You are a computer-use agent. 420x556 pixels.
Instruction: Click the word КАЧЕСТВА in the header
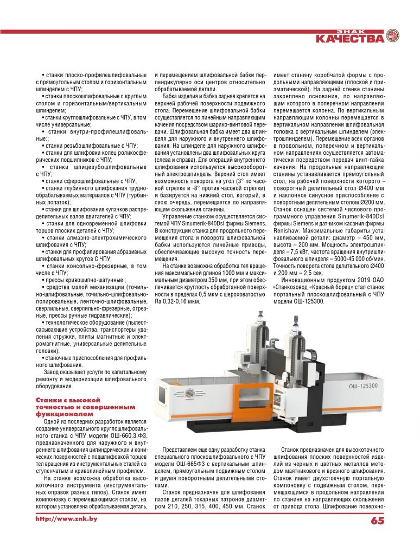(x=350, y=39)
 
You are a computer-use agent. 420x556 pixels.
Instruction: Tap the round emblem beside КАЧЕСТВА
(x=392, y=36)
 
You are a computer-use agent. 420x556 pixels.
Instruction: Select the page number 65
(x=378, y=520)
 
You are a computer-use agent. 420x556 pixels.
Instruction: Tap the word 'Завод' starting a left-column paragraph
(x=53, y=371)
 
